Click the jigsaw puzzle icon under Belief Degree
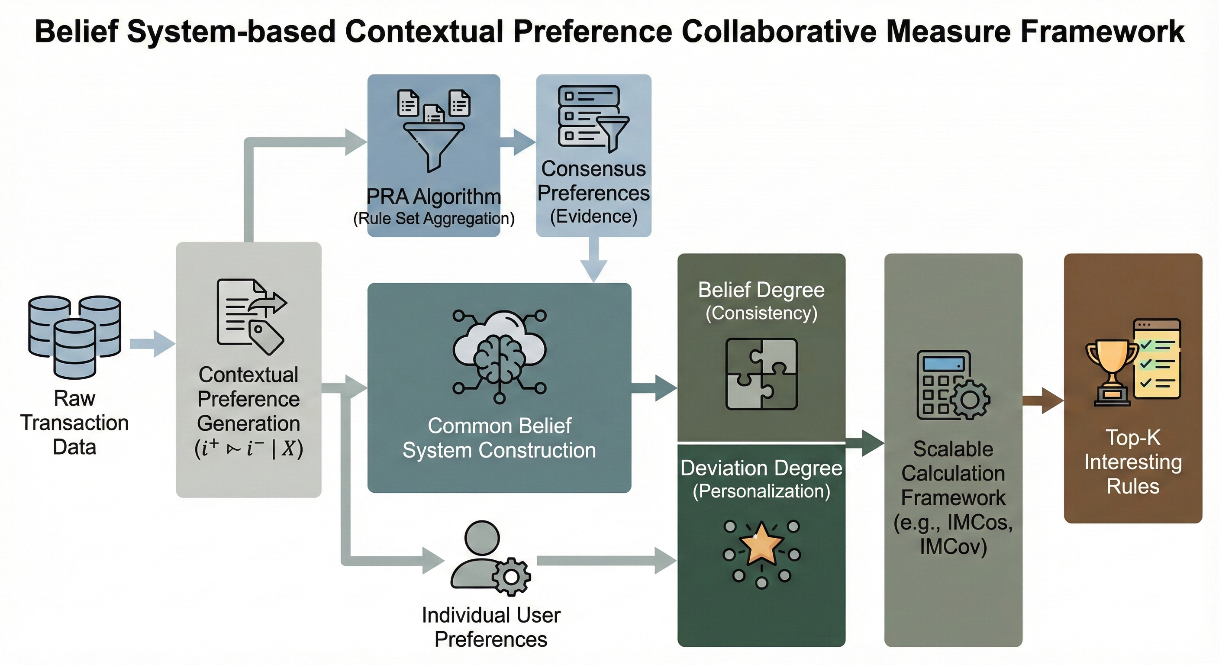(761, 374)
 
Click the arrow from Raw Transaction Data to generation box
(152, 344)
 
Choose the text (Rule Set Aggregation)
(433, 219)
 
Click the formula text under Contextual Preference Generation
(248, 448)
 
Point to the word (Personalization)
(761, 491)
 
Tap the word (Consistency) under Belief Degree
(761, 313)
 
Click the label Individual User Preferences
(491, 627)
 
